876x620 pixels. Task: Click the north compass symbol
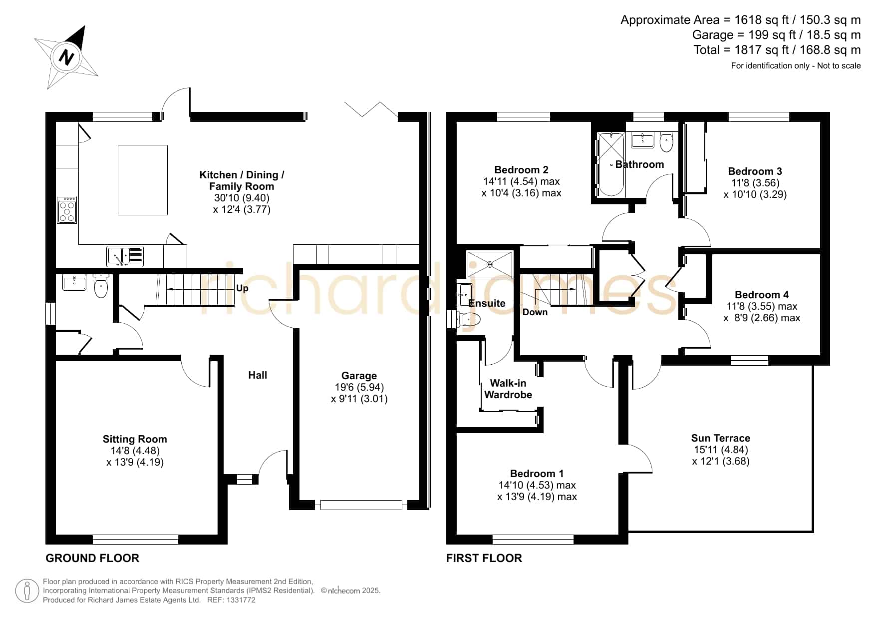coord(66,57)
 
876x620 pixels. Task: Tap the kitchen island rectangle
coord(143,180)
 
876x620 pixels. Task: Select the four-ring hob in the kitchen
coord(67,210)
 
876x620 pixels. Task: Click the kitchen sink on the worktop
coord(125,256)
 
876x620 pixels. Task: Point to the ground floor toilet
coord(101,286)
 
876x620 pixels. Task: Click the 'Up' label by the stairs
coord(242,288)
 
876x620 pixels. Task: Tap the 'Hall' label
coord(258,375)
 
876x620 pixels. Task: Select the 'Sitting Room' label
coord(135,439)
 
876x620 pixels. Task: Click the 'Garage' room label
coord(359,376)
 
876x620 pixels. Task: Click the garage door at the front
coord(361,505)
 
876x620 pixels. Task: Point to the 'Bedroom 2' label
coord(521,170)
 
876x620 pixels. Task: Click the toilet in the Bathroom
coord(666,142)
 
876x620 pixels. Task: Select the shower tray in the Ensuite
coord(490,264)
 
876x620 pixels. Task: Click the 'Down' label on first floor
coord(535,312)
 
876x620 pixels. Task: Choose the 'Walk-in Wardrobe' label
coord(508,389)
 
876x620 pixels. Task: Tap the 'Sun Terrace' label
coord(721,438)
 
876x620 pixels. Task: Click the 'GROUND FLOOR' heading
coord(92,558)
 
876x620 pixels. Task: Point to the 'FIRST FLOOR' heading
coord(484,558)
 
